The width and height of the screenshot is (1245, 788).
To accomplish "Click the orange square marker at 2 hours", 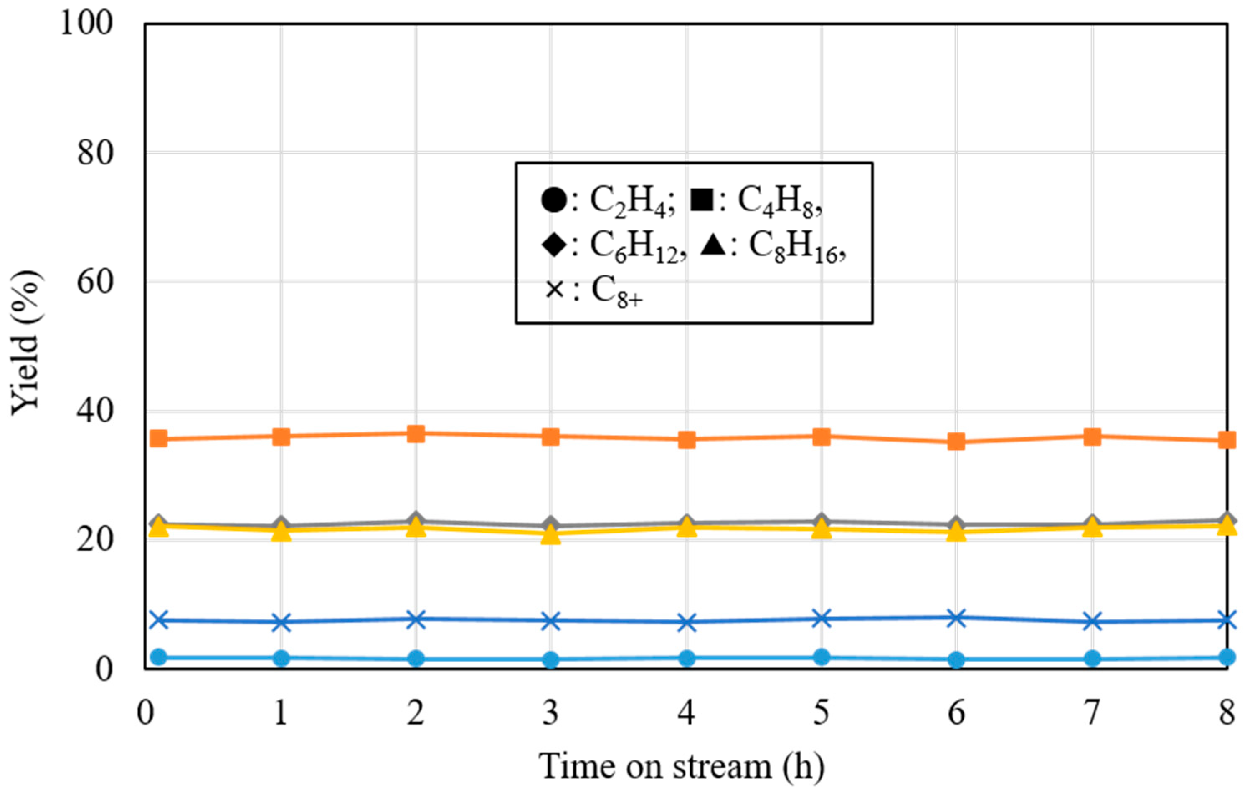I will pos(415,434).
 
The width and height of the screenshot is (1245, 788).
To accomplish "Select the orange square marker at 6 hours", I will pos(956,442).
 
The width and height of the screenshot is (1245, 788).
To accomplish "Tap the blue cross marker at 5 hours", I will pos(822,618).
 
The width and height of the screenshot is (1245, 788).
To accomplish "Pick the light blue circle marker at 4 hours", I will pos(687,658).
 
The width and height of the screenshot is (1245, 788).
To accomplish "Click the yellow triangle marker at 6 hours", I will pos(956,532).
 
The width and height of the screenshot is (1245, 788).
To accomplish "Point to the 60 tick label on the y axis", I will pos(95,282).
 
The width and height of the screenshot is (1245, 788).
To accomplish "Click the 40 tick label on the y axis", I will pos(95,411).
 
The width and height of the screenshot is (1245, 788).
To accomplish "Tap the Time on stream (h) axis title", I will pos(682,766).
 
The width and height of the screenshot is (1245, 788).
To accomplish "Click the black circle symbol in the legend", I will pos(554,200).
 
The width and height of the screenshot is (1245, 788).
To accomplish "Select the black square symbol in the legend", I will pos(702,200).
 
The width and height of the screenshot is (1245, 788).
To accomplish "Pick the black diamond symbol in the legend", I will pos(554,245).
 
